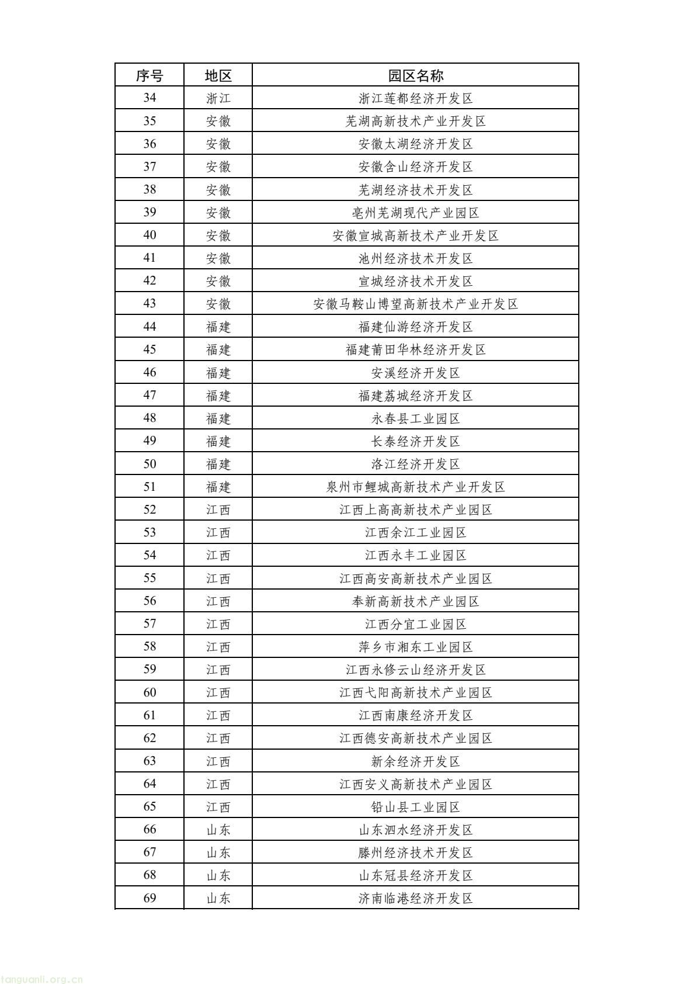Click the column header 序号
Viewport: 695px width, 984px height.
coord(150,75)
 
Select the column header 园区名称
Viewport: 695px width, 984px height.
coord(415,75)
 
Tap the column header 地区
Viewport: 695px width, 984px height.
coord(218,75)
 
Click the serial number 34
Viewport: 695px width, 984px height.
coord(150,98)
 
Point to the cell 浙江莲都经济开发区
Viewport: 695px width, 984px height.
coord(415,98)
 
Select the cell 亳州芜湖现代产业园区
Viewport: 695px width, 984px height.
coord(415,213)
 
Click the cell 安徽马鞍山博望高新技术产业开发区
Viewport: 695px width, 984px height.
coord(415,304)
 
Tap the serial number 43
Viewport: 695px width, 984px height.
coord(150,304)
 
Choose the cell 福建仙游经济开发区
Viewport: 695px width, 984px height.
coord(415,327)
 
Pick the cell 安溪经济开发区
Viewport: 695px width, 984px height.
coord(415,372)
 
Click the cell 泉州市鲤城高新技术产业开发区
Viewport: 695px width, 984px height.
coord(415,487)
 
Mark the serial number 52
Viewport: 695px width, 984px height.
coord(150,510)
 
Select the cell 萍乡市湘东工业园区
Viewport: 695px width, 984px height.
coord(415,647)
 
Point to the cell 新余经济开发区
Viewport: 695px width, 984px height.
coord(415,761)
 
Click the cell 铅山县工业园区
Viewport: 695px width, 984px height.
coord(415,807)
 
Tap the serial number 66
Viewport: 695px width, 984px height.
coord(150,830)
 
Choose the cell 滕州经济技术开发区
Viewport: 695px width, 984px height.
coord(415,853)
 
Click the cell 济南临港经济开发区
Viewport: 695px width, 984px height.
coord(415,898)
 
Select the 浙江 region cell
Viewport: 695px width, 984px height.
coord(218,98)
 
